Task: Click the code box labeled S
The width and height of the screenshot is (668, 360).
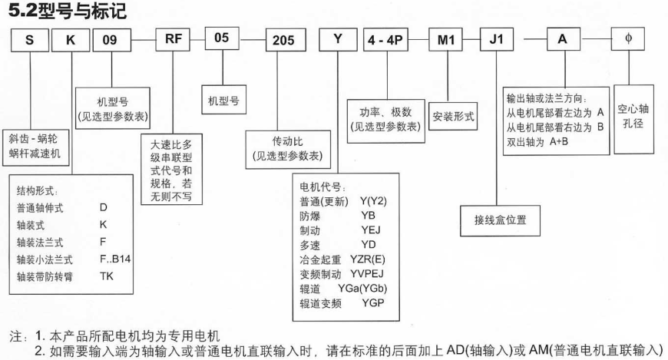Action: click(29, 41)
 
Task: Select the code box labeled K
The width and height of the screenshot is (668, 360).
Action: click(70, 41)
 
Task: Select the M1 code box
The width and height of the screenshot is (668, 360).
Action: click(443, 42)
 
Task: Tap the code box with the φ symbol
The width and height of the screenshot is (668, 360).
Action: click(628, 41)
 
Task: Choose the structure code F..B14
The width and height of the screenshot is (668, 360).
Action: click(116, 258)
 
